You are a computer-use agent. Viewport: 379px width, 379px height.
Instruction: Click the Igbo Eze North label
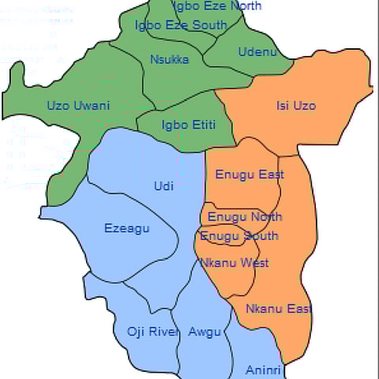coord(216,6)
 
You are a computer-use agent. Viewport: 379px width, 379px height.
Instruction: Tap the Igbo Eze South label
coord(181,25)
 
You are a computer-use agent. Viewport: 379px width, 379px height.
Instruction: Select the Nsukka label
coord(169,58)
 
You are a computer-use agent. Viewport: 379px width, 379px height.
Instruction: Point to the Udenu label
coord(257,52)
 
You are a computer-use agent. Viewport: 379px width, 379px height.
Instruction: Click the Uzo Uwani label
coord(78,106)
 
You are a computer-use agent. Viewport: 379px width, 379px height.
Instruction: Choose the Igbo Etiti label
coord(188,125)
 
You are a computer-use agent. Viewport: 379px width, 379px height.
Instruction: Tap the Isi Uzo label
coord(297,105)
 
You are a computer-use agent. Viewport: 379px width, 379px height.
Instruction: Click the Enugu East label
coord(250,174)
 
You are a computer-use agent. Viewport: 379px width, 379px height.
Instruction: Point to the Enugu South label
coord(239,236)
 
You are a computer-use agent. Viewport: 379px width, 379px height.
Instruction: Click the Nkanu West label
coord(235,263)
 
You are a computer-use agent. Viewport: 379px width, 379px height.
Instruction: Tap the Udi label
coord(163,186)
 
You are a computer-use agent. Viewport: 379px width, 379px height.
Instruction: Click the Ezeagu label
coord(126,229)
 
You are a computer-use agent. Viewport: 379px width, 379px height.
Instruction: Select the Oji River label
coord(153,332)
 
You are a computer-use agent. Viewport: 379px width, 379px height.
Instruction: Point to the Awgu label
coord(205,332)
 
